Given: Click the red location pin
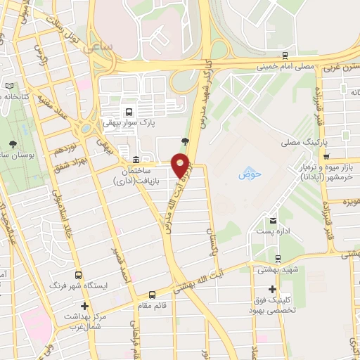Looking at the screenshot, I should (181, 166).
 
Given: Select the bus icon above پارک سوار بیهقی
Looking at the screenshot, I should (129, 112).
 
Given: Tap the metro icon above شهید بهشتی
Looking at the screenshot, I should (279, 259).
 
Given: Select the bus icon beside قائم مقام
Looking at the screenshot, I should (153, 295).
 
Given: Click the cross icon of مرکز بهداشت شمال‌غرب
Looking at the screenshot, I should (85, 307).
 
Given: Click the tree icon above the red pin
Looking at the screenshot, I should (185, 141).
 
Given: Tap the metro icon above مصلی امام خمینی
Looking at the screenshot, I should (284, 55).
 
